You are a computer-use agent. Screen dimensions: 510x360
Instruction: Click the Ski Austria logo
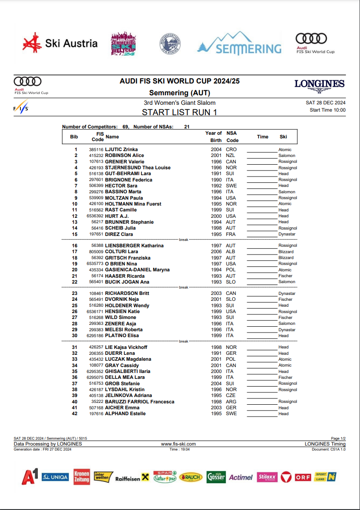(60, 44)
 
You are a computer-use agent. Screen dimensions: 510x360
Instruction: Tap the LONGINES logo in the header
(319, 84)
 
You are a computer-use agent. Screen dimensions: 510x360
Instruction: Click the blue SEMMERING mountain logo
(239, 44)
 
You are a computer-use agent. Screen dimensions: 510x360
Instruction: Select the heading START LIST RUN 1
(180, 112)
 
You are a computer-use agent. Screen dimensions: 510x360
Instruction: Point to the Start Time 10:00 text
(327, 110)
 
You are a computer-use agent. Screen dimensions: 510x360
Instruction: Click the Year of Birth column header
(213, 137)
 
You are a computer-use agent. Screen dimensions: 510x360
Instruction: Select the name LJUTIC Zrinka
(122, 149)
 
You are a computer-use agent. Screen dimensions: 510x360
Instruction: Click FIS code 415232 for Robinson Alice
(96, 156)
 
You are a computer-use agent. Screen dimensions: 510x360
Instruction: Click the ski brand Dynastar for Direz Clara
(287, 234)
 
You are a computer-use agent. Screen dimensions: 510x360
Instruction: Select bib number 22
(75, 282)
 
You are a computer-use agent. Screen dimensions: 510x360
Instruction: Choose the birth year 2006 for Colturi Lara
(216, 251)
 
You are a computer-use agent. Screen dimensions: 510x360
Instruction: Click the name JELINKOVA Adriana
(129, 395)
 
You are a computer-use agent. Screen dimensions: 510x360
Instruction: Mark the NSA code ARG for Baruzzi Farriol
(231, 402)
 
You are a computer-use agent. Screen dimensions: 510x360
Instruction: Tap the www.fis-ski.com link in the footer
(179, 444)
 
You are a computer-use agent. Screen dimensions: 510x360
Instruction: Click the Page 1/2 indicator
(338, 438)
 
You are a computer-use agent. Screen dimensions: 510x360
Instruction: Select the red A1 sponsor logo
(30, 477)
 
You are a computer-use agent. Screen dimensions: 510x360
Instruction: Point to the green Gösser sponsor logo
(216, 477)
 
